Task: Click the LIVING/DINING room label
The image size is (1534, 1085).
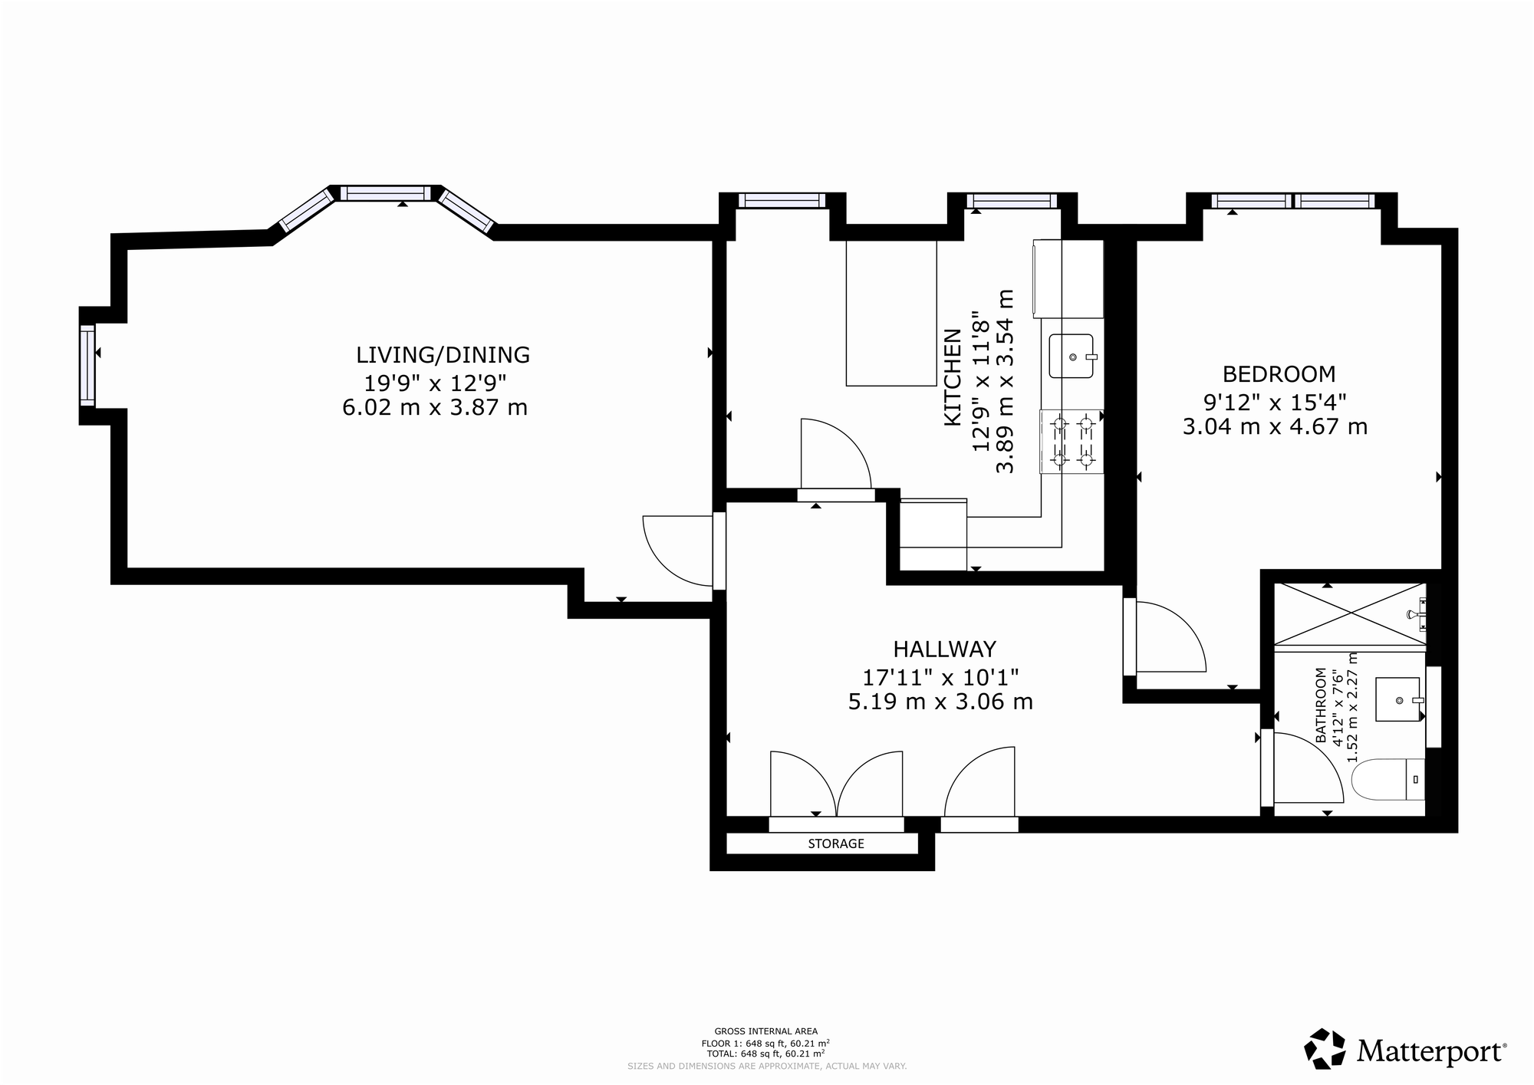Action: point(443,355)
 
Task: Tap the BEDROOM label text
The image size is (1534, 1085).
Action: point(1279,374)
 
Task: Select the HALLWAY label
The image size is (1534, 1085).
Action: point(944,649)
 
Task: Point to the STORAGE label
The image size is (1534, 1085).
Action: point(836,843)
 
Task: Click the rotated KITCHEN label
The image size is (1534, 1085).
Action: point(953,377)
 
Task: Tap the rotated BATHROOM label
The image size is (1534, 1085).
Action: point(1321,705)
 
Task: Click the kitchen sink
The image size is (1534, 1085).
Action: point(1071,356)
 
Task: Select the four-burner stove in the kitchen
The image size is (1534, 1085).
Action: point(1071,442)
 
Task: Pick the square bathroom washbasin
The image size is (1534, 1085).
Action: point(1397,699)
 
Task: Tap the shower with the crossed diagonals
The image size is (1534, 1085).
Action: point(1350,614)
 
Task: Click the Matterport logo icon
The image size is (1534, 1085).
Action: point(1325,1049)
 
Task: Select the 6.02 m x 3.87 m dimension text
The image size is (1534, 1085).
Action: point(435,407)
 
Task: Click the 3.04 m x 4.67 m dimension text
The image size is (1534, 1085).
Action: point(1275,426)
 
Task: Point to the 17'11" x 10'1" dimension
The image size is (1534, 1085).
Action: point(940,677)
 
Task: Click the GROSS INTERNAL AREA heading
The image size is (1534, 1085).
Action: point(766,1031)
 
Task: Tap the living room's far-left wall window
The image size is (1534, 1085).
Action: point(87,365)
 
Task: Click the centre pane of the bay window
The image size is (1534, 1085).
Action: point(386,193)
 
